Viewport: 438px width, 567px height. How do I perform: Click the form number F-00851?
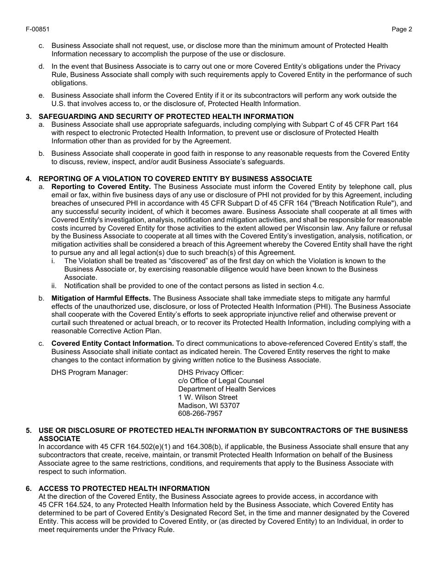tap(38, 30)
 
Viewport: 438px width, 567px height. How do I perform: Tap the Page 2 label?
tap(402, 30)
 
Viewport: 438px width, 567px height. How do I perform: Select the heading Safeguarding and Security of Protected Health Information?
tap(166, 116)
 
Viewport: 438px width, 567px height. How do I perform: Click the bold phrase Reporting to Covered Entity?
tap(101, 187)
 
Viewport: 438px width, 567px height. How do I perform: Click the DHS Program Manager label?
tap(89, 372)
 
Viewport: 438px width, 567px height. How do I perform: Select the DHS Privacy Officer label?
tap(211, 372)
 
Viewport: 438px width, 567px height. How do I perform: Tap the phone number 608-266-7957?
tap(200, 413)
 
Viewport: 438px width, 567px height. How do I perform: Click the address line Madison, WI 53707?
tap(209, 406)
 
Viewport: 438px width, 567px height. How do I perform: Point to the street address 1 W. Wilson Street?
tap(208, 397)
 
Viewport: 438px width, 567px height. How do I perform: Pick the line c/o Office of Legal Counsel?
tap(221, 381)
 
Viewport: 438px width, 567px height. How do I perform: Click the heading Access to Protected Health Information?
tap(124, 489)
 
